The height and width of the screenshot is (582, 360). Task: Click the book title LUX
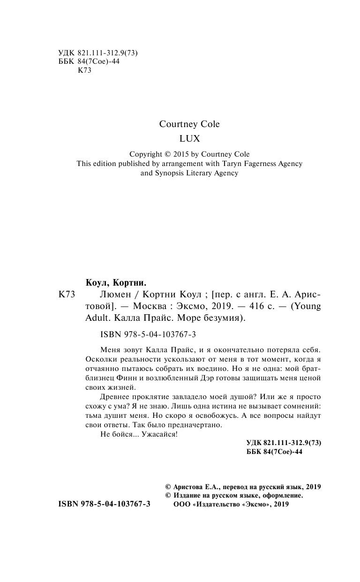[x=189, y=139]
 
